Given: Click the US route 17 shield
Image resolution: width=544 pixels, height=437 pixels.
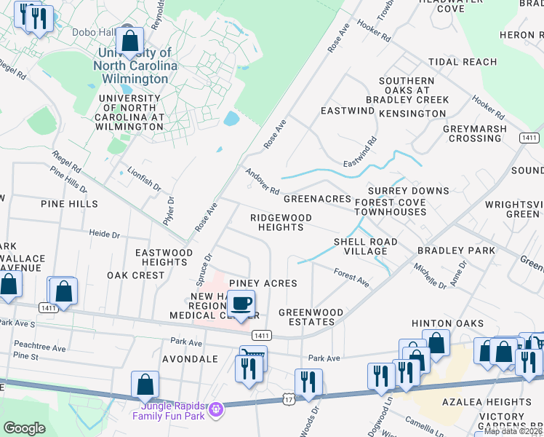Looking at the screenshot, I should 289,401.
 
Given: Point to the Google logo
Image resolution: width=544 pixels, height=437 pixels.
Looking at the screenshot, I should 24,428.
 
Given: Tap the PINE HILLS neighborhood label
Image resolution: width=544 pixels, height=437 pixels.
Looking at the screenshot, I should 69,204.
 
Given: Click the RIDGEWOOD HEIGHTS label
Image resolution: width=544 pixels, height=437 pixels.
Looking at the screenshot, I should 281,222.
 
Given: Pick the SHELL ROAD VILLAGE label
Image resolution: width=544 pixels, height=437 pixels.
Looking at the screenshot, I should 365,246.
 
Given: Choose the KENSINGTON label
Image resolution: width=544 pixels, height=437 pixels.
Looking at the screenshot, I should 413,114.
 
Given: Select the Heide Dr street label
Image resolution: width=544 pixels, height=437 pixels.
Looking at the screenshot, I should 104,235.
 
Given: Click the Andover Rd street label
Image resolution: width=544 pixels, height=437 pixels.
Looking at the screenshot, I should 262,181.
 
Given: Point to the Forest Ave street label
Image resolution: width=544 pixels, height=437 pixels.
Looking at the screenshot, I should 351,277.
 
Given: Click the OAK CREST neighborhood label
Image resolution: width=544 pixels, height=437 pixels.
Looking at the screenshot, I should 136,275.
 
